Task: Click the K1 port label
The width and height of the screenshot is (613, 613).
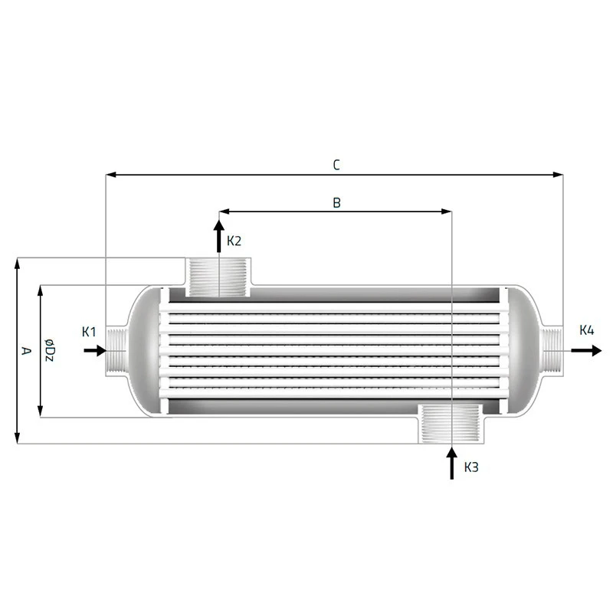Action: pos(89,332)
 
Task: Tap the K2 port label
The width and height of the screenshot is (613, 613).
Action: pos(234,241)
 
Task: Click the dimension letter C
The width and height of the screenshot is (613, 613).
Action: pos(336,164)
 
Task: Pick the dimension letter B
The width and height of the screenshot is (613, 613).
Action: pos(336,202)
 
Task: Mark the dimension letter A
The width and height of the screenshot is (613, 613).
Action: pos(26,351)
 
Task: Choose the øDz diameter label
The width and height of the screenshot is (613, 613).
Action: pos(49,350)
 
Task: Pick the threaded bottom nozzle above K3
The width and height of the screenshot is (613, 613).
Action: pos(451,424)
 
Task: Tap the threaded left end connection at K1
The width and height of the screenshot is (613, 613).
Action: pos(116,350)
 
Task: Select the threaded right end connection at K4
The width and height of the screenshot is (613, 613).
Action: pos(553,350)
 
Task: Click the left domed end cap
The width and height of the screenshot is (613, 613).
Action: pos(142,350)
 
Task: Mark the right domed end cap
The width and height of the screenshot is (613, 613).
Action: pos(525,350)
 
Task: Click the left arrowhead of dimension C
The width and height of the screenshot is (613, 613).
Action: pos(110,175)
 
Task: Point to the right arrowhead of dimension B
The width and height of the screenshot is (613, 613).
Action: pos(446,211)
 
